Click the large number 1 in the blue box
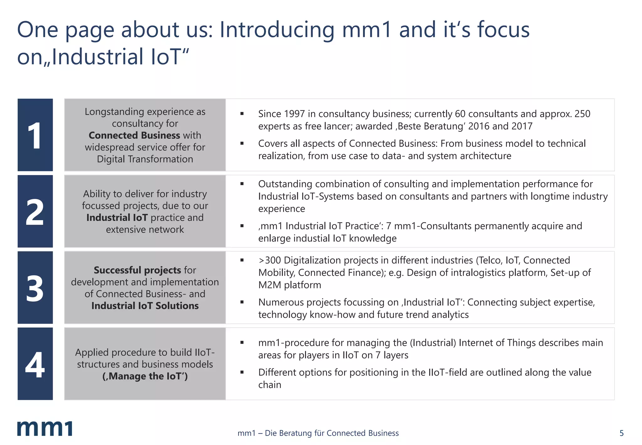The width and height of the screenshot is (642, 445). click(34, 136)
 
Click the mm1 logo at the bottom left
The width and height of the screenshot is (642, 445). click(45, 428)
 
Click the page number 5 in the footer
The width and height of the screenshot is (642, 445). click(621, 433)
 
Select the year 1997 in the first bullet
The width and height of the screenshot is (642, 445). click(295, 114)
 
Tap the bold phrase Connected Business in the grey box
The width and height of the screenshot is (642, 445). click(134, 135)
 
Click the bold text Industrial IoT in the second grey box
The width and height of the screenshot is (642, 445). click(117, 217)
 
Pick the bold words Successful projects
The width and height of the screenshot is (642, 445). click(137, 270)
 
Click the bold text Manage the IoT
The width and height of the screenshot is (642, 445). click(145, 376)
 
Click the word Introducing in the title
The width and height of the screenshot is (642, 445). click(277, 30)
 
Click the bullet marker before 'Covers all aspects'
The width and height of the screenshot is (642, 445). click(242, 143)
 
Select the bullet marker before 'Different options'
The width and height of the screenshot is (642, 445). click(242, 373)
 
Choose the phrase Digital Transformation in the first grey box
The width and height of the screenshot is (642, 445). click(145, 159)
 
